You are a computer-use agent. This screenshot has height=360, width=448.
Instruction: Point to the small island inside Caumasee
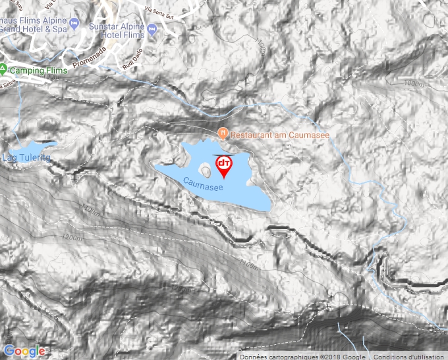click(207, 172)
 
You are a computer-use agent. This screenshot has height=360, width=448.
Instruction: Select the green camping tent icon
click(3, 68)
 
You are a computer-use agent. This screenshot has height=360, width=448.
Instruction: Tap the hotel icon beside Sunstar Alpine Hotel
click(153, 29)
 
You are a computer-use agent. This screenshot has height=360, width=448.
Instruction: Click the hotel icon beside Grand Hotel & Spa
click(74, 25)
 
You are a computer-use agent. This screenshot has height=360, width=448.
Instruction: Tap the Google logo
click(24, 351)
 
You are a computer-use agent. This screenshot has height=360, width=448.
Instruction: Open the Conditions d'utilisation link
click(410, 356)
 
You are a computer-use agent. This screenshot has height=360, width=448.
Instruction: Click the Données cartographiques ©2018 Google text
click(303, 356)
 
